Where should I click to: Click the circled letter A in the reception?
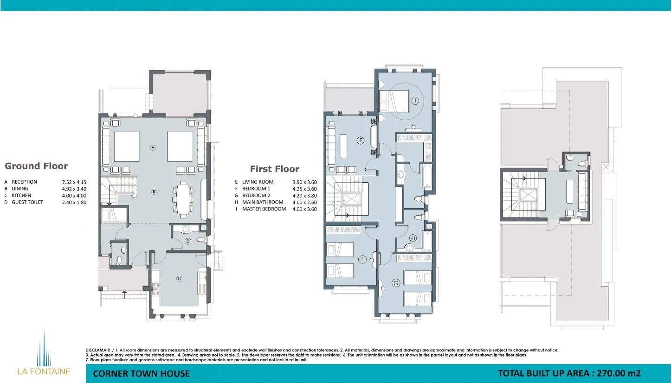[x=153, y=147]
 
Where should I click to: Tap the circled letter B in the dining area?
[x=154, y=191]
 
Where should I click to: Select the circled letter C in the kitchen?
[x=180, y=279]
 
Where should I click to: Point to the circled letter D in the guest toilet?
[x=188, y=241]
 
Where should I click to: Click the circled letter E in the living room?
[x=361, y=140]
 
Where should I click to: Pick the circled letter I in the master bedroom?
[x=415, y=101]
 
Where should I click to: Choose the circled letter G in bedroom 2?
[x=396, y=283]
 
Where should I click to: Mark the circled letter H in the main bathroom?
[x=413, y=238]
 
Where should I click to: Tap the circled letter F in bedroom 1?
[x=363, y=259]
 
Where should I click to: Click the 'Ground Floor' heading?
[x=36, y=166]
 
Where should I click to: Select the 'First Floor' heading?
[x=275, y=169]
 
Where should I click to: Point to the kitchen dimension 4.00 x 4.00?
[x=74, y=196]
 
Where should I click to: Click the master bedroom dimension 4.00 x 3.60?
[x=305, y=209]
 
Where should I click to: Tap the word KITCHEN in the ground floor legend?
[x=21, y=195]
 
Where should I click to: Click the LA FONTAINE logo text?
[x=44, y=371]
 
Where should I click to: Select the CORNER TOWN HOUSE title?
[x=142, y=374]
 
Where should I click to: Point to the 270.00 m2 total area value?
[x=619, y=373]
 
